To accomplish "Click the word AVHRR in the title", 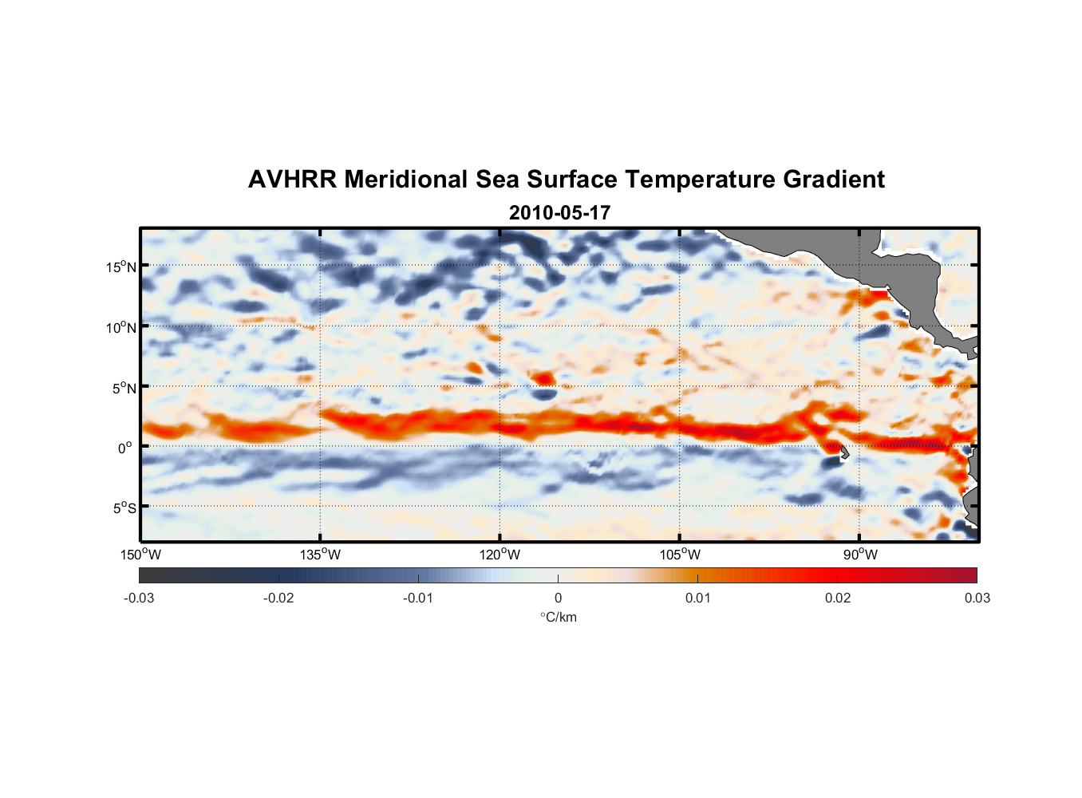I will click(x=292, y=180).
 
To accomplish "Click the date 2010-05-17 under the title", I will click(x=559, y=213).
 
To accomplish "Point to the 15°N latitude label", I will click(x=121, y=267).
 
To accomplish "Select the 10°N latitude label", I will click(x=121, y=327).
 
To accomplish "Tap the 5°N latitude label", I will click(x=124, y=388).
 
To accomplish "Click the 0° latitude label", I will click(x=125, y=448).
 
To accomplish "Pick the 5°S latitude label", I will click(x=124, y=508).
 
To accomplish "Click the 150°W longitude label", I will click(x=140, y=555).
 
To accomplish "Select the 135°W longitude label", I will click(x=320, y=555).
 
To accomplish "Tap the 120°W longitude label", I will click(x=500, y=555).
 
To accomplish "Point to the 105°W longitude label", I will click(x=680, y=555).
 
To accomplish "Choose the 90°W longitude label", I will click(x=859, y=555).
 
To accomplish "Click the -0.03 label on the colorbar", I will click(x=139, y=598).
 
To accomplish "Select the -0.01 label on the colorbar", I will click(x=417, y=598).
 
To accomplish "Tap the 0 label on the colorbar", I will click(x=558, y=598).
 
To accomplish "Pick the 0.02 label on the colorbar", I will click(x=838, y=598).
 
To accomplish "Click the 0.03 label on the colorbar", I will click(x=977, y=598).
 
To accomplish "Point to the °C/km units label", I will click(x=558, y=617).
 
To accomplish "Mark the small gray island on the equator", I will click(x=843, y=452).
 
